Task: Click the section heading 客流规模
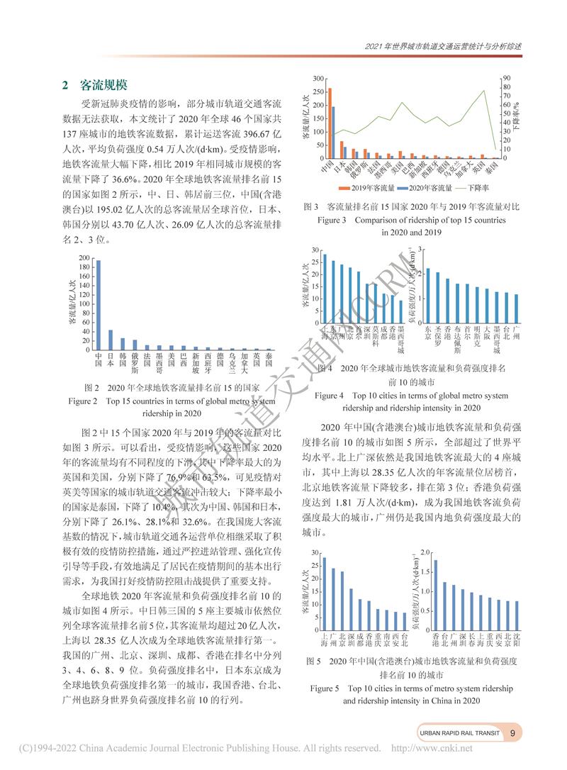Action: click(x=103, y=85)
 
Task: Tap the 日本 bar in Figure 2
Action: click(x=111, y=340)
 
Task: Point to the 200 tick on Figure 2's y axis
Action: click(x=84, y=258)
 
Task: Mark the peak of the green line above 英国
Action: click(x=485, y=91)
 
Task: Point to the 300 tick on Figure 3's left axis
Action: click(x=318, y=78)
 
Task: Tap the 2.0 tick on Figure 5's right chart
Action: click(x=425, y=552)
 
